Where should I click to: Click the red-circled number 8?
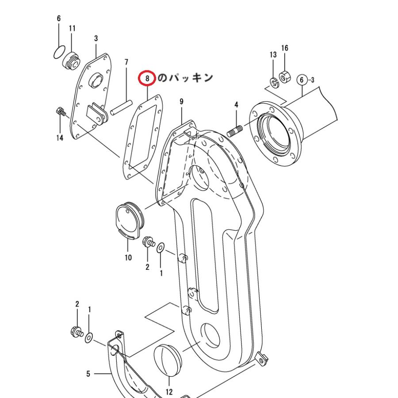point(147,78)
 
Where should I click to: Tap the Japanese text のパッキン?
point(185,78)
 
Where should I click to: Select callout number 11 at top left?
point(72,28)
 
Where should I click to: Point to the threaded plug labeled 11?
point(71,61)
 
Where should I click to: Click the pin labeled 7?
point(121,107)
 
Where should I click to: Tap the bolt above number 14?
point(61,112)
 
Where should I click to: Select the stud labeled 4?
point(234,131)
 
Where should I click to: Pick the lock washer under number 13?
point(274,83)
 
